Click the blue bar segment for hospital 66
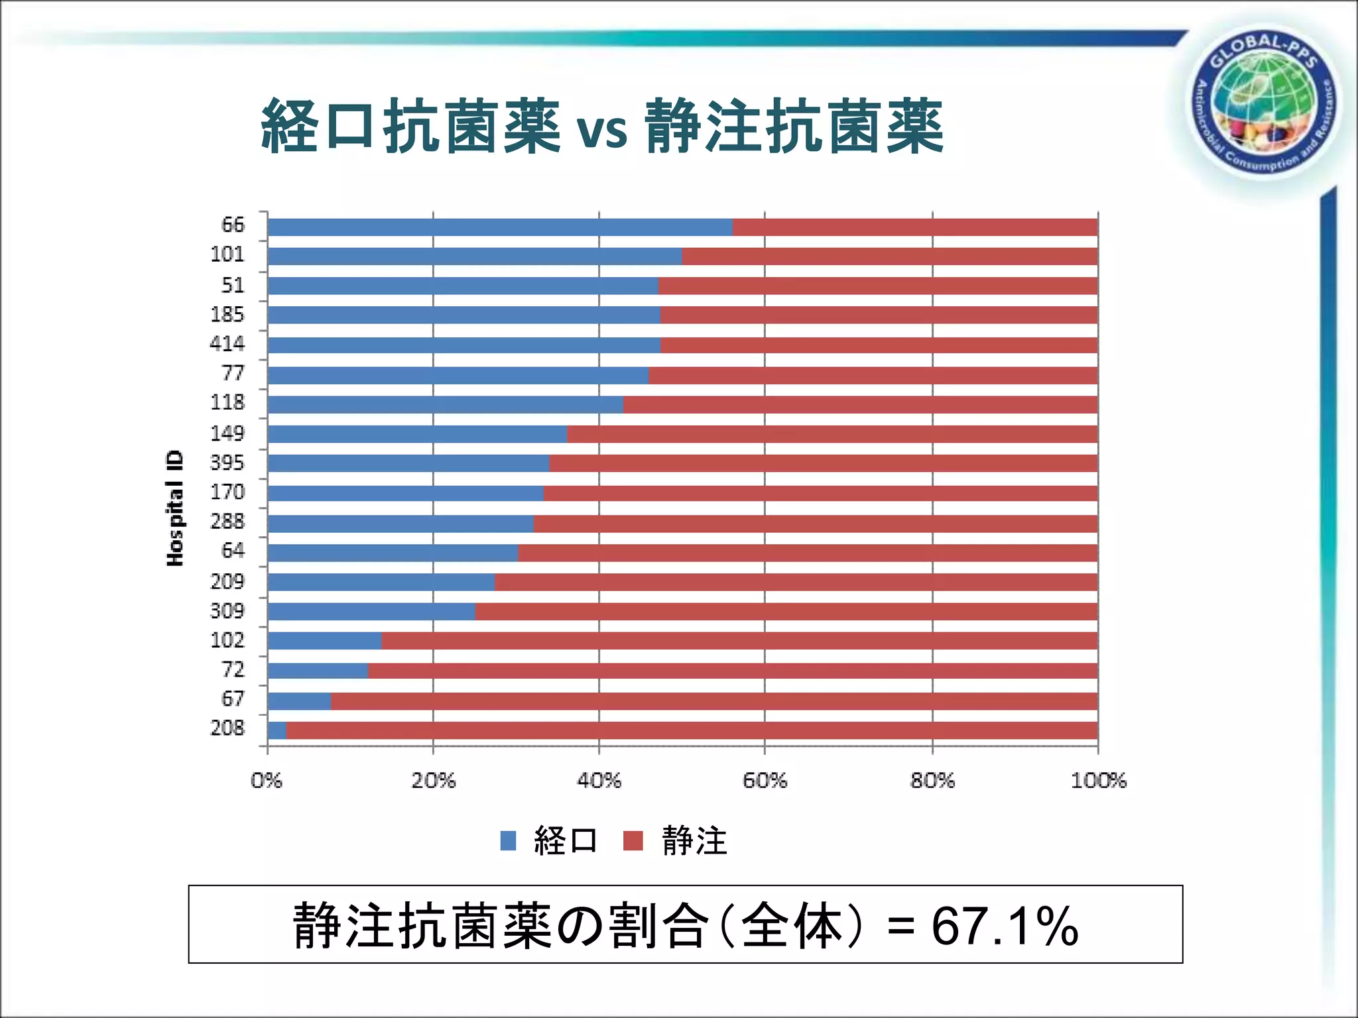500,227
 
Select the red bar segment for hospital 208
692,730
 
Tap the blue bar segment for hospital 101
475,256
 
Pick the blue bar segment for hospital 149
417,434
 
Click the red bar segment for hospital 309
786,612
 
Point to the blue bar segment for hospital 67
299,701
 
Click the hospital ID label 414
227,344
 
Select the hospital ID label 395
227,463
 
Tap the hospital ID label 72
233,670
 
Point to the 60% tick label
765,781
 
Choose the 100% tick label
1098,781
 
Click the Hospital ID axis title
174,508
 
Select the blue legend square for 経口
508,841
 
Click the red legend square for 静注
633,841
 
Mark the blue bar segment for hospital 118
445,405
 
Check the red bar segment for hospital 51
877,286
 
